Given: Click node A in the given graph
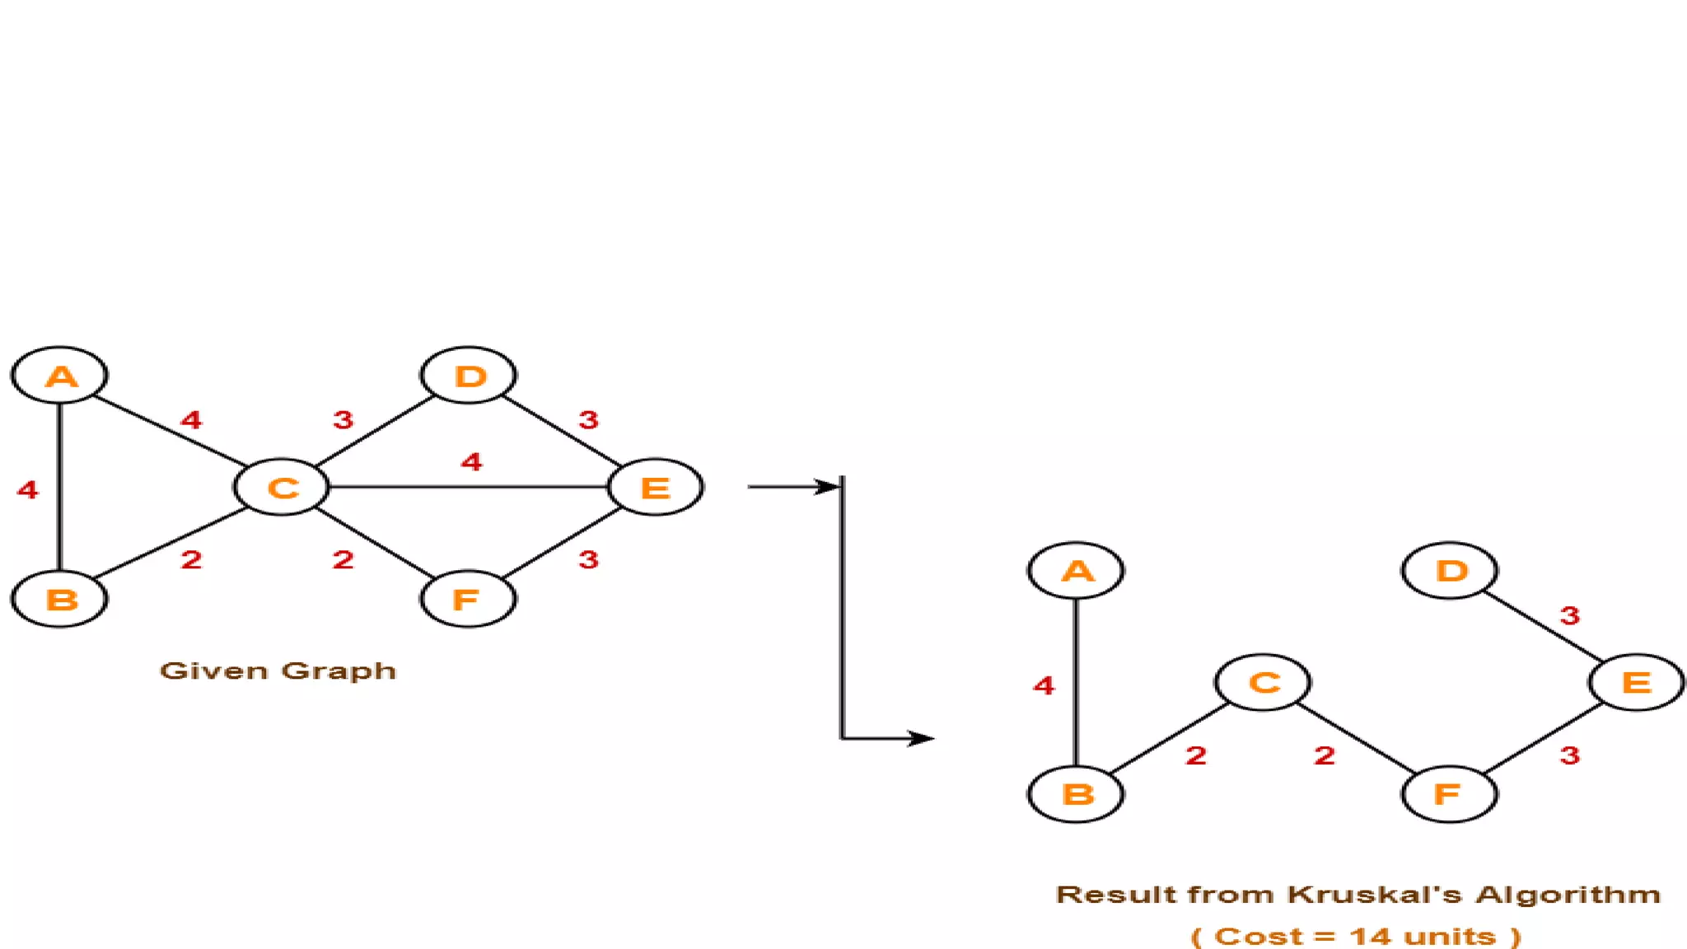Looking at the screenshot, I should point(59,376).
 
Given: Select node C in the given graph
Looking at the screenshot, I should point(282,488).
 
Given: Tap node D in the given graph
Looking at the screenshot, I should point(469,376).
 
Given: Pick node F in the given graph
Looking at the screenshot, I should point(468,599).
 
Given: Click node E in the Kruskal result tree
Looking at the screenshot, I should point(1637,682).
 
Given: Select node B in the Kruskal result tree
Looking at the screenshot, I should point(1076,794).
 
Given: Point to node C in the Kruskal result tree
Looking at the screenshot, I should point(1263,682).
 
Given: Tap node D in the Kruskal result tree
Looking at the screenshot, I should point(1450,570).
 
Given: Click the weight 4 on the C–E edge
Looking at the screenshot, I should point(471,462).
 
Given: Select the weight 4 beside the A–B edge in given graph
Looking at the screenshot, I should point(28,490).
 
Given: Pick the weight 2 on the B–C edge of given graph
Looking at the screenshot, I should point(191,560).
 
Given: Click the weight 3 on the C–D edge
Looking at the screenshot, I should point(343,420).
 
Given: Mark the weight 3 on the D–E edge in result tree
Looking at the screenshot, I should point(1570,615).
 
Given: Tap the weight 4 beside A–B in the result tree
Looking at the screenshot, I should point(1044,685).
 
